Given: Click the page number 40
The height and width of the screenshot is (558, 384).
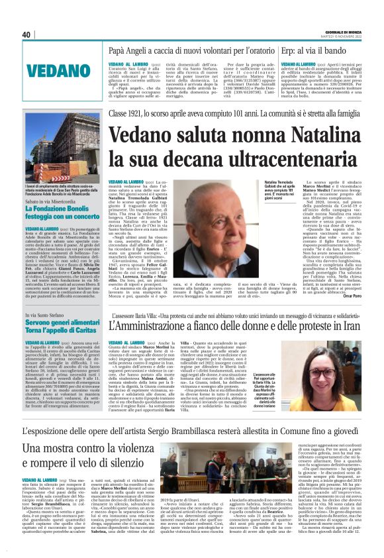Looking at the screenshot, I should coord(26,35).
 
